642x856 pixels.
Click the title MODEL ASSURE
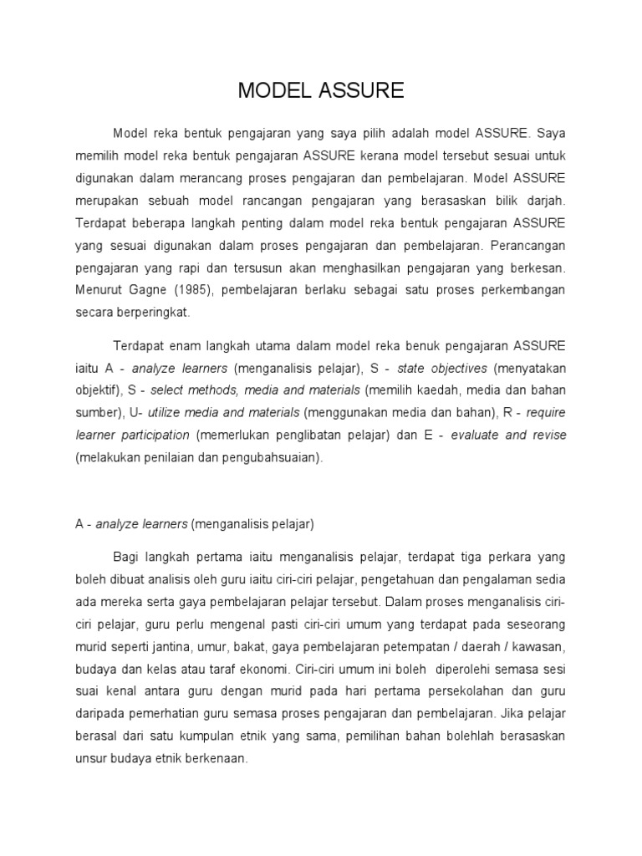pos(321,91)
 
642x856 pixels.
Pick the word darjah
pos(546,201)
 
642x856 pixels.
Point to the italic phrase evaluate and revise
pos(508,436)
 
